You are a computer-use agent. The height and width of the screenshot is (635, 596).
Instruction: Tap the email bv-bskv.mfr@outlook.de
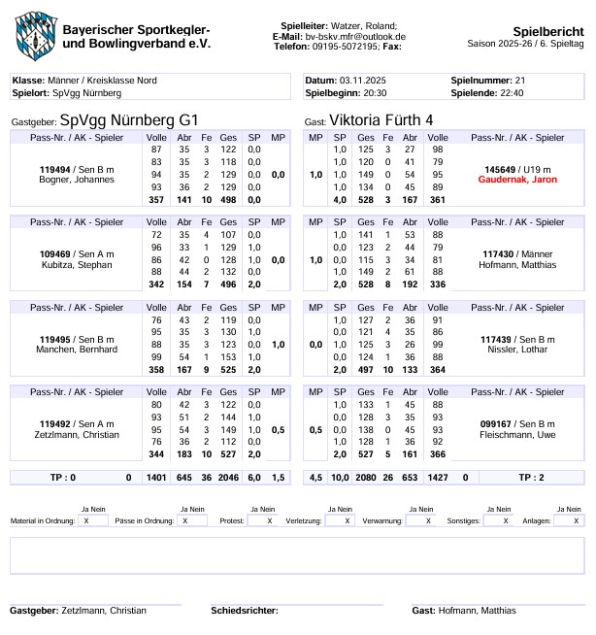pyautogui.click(x=355, y=36)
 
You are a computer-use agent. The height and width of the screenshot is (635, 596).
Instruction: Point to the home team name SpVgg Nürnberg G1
pyautogui.click(x=129, y=120)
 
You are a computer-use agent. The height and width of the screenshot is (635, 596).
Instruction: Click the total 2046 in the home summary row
pyautogui.click(x=228, y=478)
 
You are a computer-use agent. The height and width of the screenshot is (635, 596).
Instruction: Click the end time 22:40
pyautogui.click(x=513, y=92)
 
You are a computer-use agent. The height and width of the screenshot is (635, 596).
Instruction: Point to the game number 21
pyautogui.click(x=520, y=79)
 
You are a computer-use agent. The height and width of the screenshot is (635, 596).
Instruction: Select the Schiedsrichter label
pyautogui.click(x=244, y=610)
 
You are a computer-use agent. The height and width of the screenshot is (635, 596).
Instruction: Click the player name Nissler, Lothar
pyautogui.click(x=516, y=349)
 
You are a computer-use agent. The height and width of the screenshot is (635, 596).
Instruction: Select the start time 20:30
pyautogui.click(x=375, y=92)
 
